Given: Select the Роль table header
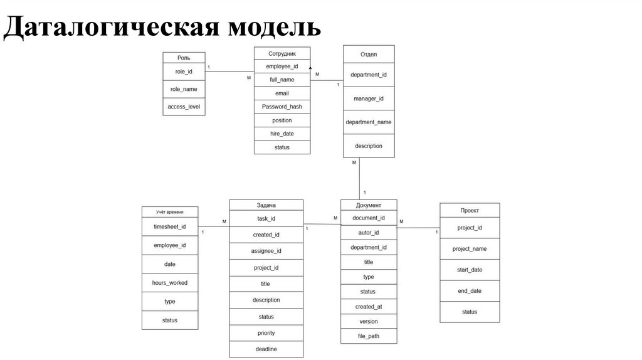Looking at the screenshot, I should pos(184,57).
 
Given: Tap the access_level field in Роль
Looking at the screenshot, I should pos(184,107).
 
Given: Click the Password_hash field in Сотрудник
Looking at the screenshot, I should pos(282,107).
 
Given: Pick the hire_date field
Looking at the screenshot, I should pos(282,134).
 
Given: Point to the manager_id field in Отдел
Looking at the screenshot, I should pos(369,98).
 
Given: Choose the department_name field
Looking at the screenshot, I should pos(369,122).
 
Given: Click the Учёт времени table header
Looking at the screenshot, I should pos(170,212).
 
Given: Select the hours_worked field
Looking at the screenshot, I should pos(170,283).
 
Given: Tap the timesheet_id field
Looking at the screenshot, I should pos(170,227).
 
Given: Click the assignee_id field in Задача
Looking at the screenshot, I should pos(266,251).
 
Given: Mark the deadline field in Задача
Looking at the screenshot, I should pos(266,349).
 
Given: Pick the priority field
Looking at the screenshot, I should pos(266,333).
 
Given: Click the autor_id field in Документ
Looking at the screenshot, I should pos(368,233).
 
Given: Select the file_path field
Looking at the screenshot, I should pos(368,336).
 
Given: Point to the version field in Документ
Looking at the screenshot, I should pos(368,321).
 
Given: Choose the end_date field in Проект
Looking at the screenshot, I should pos(470,291).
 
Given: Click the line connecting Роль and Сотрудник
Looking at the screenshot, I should pos(229,71).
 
